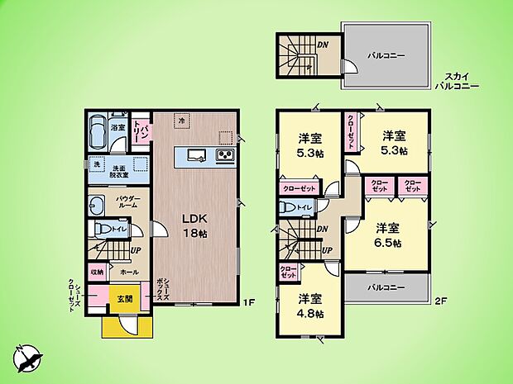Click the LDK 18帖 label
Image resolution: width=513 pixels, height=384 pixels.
[x=195, y=225]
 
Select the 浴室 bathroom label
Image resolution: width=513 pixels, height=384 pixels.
[x=117, y=128]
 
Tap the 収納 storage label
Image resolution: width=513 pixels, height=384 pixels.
[x=98, y=271]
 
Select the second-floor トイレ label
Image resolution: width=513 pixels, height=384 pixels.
[x=304, y=207]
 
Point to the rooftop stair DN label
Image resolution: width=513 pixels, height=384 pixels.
[x=324, y=45]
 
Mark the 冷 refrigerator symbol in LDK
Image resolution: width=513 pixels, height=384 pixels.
[x=181, y=121]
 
